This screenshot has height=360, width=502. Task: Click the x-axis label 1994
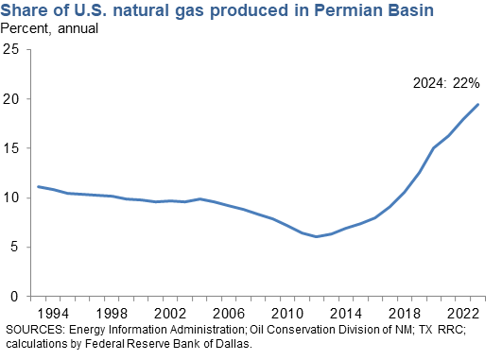(52, 312)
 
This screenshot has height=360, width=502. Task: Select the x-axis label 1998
(111, 312)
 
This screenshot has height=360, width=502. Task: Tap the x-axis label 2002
(169, 312)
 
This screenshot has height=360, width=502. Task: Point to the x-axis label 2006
(228, 312)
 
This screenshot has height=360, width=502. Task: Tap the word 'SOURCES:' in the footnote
(35, 329)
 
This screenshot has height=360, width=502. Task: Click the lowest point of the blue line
(317, 236)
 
